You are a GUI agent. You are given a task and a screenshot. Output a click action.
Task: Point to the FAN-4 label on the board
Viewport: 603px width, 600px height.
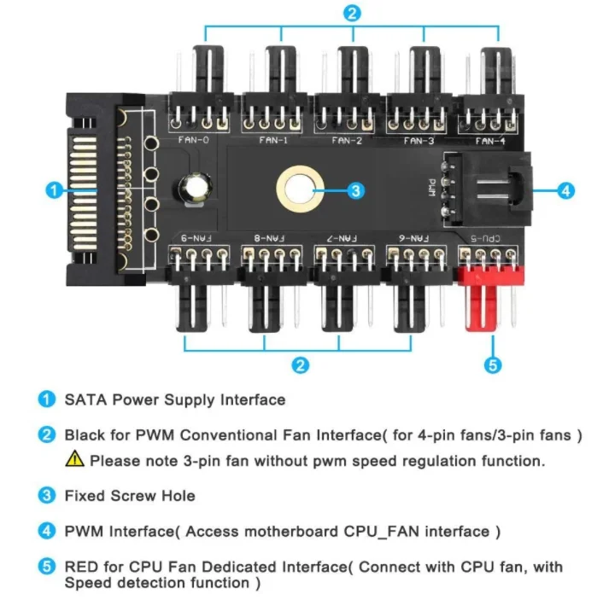tap(489, 140)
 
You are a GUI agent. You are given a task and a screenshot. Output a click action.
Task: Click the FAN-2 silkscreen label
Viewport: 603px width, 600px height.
tap(347, 140)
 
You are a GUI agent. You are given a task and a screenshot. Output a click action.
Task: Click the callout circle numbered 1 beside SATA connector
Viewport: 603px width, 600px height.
tap(53, 190)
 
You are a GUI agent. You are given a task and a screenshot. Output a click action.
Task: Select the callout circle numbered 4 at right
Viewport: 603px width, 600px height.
tap(565, 190)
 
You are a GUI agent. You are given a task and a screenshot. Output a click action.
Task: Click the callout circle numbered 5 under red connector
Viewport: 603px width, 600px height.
tap(492, 365)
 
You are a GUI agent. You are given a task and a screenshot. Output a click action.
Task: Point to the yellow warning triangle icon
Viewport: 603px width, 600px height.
tap(74, 459)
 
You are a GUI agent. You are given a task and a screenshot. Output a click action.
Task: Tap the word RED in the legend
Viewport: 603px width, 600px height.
tap(80, 566)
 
